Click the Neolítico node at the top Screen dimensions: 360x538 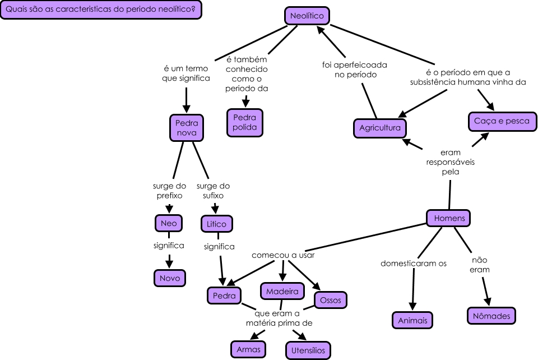pos(307,16)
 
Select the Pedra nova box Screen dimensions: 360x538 pos(187,128)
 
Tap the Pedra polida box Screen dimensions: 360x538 pos(244,122)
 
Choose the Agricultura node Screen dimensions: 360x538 pos(380,128)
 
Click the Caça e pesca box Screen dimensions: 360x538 pos(502,121)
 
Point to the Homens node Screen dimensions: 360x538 pos(449,218)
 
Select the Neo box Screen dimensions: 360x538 pos(168,223)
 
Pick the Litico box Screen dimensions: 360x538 pos(216,224)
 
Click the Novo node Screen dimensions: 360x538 pos(169,278)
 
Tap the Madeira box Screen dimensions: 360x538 pos(282,291)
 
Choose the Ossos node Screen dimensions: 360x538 pos(331,300)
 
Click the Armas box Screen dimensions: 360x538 pos(248,349)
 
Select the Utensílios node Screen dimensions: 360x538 pos(308,350)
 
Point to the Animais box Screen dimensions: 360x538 pos(412,321)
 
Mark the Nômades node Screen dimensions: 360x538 pos(491,316)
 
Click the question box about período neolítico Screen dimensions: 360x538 pos(101,10)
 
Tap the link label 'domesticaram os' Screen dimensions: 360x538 pos(414,263)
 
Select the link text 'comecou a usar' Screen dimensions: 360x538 pos(283,255)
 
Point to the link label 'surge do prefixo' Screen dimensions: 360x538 pos(168,191)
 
